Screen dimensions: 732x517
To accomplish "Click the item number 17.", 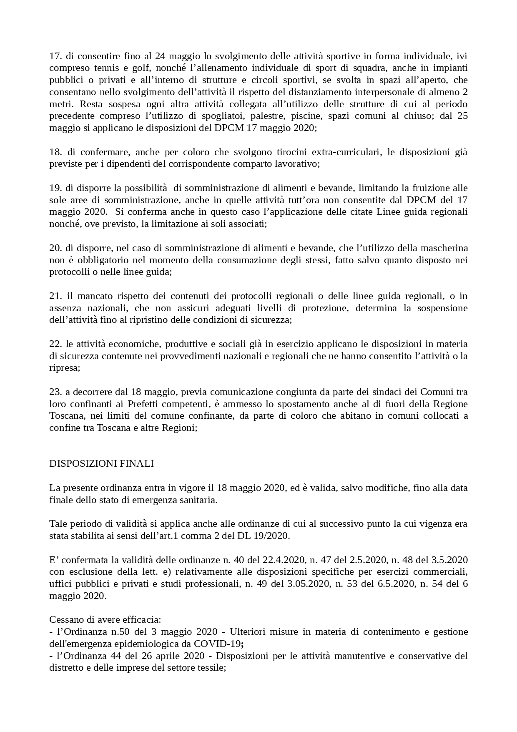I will (55, 56).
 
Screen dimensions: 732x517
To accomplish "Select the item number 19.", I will (55, 188).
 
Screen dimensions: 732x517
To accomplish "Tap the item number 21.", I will (55, 296).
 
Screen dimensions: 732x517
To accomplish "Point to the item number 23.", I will (55, 392).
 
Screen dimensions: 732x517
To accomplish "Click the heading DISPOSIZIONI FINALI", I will (101, 464).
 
